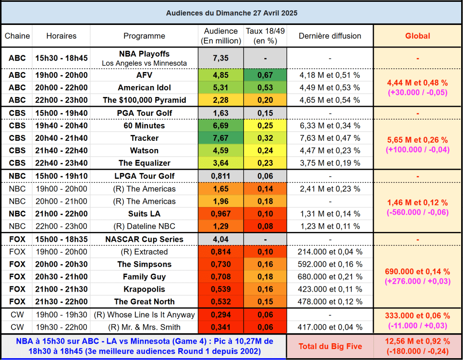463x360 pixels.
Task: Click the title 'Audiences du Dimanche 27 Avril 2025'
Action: [231, 13]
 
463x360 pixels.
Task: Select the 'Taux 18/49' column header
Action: [265, 36]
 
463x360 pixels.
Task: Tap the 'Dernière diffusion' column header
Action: [330, 36]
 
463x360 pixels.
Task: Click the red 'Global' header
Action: [417, 36]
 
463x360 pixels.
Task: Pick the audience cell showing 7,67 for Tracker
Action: [221, 138]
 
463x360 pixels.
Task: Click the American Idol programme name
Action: [144, 87]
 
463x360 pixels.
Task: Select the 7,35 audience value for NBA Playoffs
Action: [221, 58]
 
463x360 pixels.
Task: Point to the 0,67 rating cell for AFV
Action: [265, 75]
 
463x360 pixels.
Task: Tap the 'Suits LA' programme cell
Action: [144, 214]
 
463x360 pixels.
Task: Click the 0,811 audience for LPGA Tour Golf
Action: [221, 176]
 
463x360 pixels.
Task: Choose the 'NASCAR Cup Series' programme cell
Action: [144, 240]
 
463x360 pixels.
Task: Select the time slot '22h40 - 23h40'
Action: [61, 163]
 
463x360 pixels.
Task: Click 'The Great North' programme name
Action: [144, 302]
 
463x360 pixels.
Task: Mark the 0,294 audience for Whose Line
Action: [221, 315]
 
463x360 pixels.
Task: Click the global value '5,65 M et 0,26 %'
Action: [417, 140]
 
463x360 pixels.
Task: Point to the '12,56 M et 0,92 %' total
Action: [417, 341]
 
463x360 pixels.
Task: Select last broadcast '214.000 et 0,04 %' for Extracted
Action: [330, 252]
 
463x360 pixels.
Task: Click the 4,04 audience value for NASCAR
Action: [221, 240]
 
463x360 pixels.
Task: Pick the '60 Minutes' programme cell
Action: [144, 125]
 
